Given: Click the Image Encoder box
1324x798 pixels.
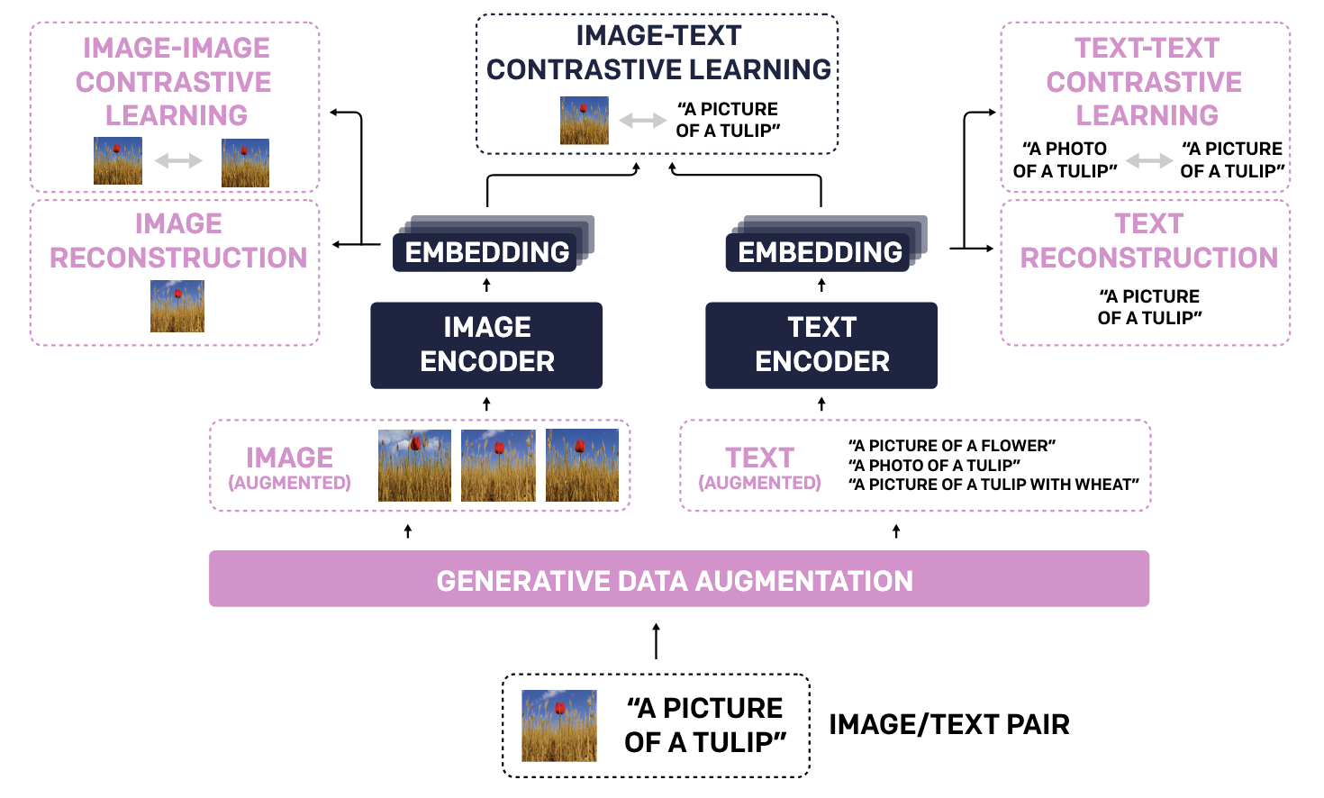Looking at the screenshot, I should [486, 345].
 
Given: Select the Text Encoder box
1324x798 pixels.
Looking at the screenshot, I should [821, 345].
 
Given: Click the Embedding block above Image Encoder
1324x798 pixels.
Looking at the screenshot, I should [486, 252].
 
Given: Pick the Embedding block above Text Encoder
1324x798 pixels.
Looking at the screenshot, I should [820, 252].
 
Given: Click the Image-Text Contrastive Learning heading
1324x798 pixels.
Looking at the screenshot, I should [658, 52].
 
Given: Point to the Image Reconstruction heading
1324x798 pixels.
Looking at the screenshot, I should [177, 240].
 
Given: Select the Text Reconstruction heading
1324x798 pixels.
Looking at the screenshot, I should [1148, 240].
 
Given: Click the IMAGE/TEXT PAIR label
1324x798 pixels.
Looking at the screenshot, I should [949, 724].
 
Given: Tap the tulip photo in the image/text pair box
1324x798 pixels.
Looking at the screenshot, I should [559, 725].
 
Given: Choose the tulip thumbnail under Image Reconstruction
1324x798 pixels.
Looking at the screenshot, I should [177, 306].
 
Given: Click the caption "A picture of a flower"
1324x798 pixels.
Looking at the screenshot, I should [952, 446].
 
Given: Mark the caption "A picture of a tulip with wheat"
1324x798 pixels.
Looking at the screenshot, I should [993, 485].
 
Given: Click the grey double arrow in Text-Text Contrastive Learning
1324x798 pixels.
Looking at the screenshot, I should [1149, 160].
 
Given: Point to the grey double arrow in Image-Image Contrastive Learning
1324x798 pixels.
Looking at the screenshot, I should [179, 161].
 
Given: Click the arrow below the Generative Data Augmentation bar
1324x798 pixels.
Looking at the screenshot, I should [656, 640].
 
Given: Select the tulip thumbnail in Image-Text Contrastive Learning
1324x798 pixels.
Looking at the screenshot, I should [585, 121].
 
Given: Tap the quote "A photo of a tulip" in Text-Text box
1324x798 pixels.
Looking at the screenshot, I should [1065, 159].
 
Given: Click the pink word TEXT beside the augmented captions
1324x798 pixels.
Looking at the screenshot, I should [760, 458].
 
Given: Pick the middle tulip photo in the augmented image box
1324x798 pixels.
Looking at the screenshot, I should [498, 466].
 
